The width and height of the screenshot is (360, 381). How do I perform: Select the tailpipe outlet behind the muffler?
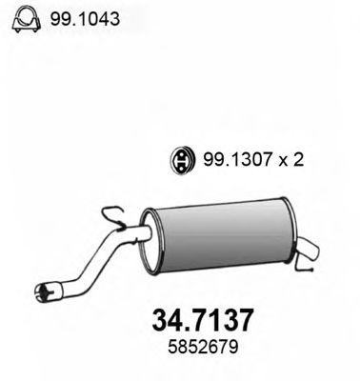coord(310,252)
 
